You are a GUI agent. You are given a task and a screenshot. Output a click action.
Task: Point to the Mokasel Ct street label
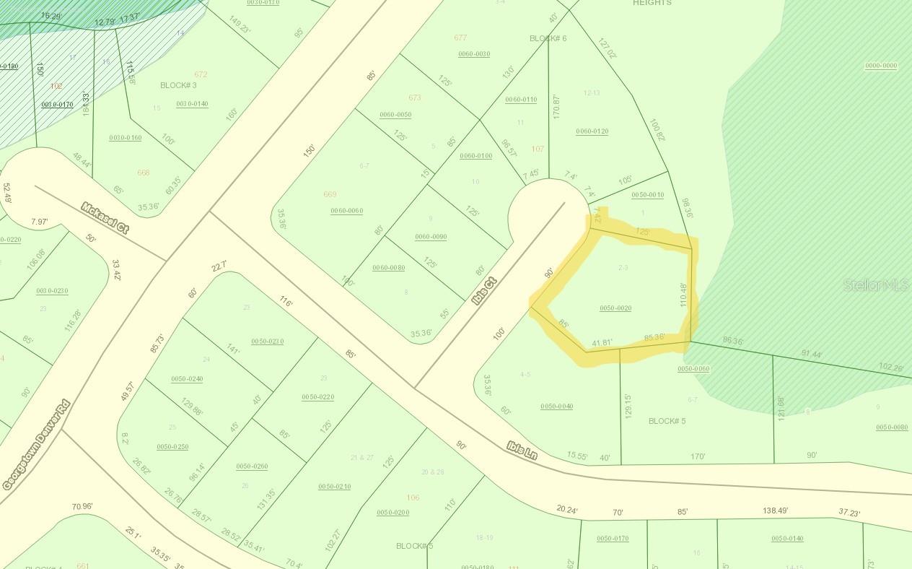[x=105, y=217]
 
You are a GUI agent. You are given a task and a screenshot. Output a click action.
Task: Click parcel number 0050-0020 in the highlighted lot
[x=615, y=308]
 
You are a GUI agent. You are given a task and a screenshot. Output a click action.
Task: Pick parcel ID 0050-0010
[x=647, y=195]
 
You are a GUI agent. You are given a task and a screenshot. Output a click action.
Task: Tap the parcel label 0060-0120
[x=592, y=131]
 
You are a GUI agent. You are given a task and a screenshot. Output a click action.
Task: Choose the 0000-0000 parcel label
[x=881, y=66]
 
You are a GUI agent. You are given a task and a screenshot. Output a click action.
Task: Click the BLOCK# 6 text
[x=548, y=38]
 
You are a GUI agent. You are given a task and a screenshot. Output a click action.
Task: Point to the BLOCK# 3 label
[x=178, y=85]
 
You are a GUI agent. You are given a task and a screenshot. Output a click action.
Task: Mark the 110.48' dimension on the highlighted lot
[x=684, y=295]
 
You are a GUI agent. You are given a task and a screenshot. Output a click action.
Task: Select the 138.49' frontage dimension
[x=775, y=511]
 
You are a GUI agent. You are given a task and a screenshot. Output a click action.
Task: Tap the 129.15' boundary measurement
[x=627, y=406]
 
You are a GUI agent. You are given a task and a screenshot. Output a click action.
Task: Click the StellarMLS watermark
[x=876, y=286]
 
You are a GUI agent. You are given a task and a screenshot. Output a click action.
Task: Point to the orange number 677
[x=460, y=38]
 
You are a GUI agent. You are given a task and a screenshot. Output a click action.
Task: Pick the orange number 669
[x=330, y=194]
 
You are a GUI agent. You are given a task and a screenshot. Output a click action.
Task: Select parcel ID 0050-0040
[x=556, y=407]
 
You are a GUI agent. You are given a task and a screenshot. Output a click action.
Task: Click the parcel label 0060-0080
[x=388, y=268]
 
